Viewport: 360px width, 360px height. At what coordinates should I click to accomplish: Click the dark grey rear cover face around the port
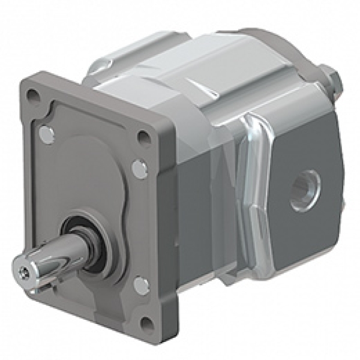pos(300,156)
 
